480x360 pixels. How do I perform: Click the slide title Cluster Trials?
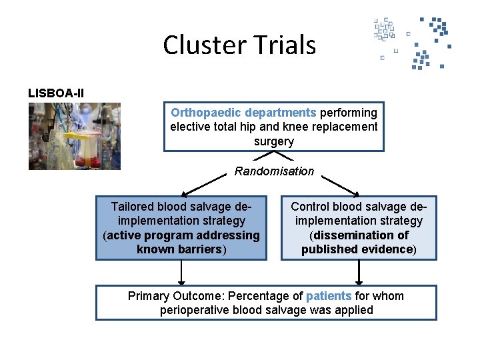coord(239,45)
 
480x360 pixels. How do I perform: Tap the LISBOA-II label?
coord(56,93)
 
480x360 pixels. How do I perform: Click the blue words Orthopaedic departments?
coord(243,113)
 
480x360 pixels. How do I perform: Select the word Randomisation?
coord(274,171)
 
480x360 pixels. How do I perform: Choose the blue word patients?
coord(329,296)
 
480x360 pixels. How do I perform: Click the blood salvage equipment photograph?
coord(74,136)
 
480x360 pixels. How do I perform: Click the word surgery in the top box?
coord(273,141)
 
